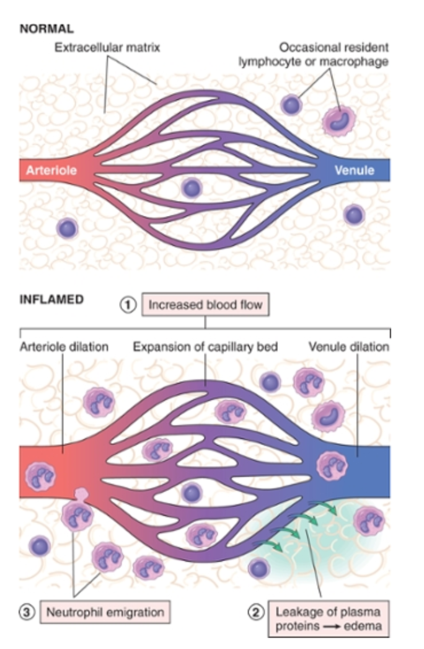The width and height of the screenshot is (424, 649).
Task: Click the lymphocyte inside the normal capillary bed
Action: (x=192, y=187)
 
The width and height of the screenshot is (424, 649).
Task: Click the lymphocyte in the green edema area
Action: (x=260, y=567)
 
